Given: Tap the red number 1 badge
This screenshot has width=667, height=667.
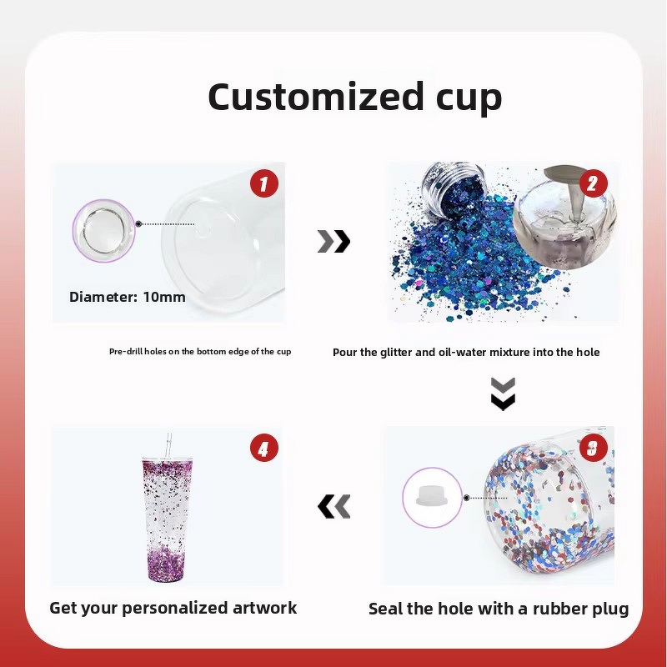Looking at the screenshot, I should click(x=263, y=183).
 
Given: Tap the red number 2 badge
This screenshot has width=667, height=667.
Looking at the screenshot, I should click(x=592, y=183).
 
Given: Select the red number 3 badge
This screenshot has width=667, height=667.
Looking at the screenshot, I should click(x=592, y=449).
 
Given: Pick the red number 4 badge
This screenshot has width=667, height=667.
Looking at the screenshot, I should click(x=263, y=449).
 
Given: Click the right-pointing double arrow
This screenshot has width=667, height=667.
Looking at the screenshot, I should click(x=333, y=242).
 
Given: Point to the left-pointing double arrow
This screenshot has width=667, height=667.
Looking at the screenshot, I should click(x=333, y=505).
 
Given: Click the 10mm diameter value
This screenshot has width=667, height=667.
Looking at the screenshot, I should click(x=164, y=297).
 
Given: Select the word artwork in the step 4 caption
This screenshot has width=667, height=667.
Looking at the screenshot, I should click(x=265, y=607).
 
